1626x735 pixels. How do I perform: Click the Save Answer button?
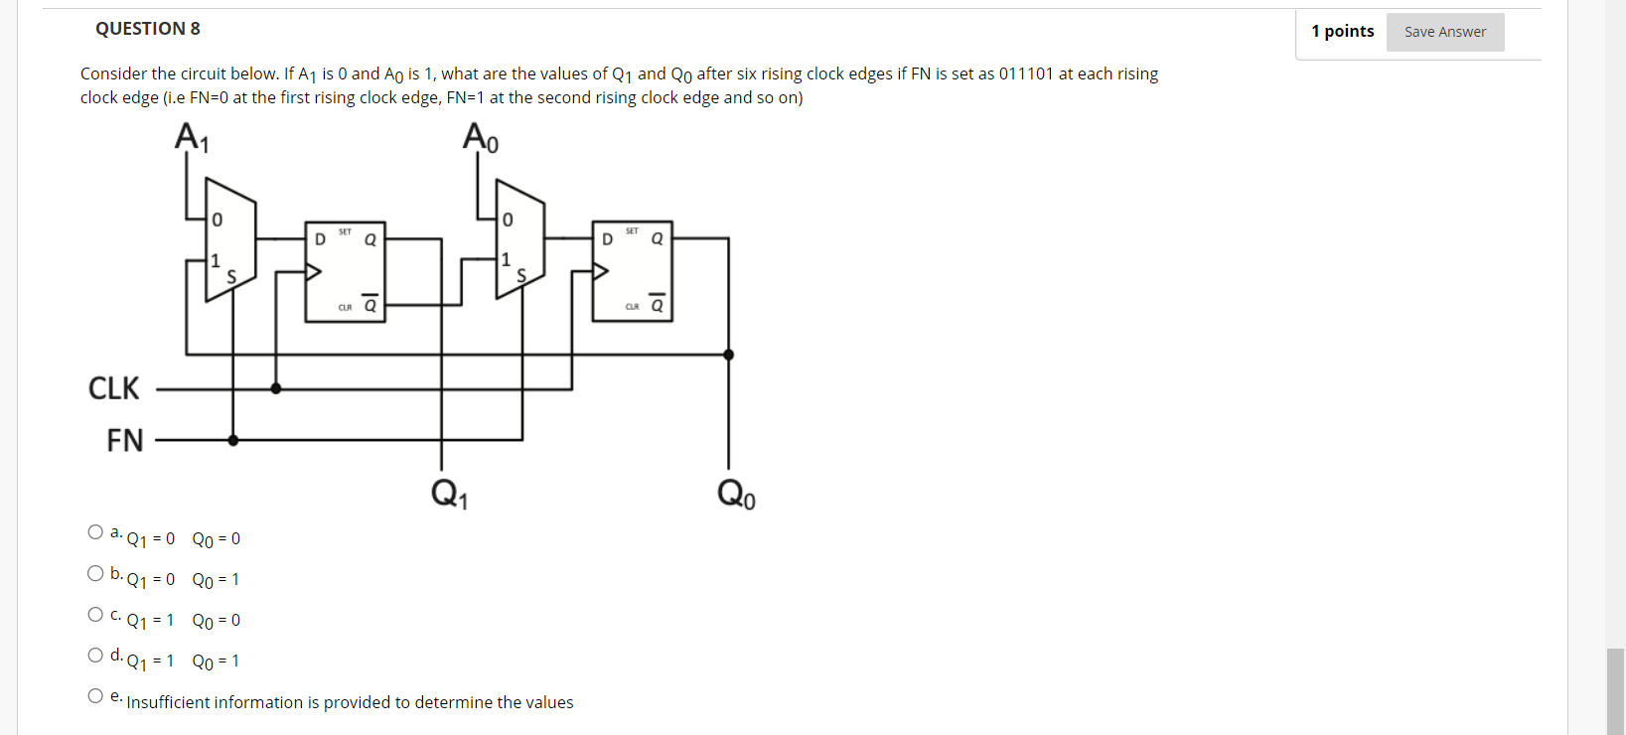(1444, 32)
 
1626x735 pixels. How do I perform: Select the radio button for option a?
(95, 532)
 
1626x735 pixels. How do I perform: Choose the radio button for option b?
(95, 573)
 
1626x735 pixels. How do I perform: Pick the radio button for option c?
(95, 614)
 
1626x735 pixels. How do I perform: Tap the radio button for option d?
(95, 655)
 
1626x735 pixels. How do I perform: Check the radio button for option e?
(95, 695)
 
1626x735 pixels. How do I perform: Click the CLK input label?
(114, 388)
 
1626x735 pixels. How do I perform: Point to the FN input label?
(125, 440)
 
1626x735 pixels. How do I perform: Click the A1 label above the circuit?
(192, 137)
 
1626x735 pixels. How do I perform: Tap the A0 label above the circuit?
(481, 137)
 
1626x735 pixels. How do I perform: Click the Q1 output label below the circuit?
(449, 493)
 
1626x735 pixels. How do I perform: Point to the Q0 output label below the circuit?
(736, 493)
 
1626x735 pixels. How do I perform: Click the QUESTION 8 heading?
(148, 29)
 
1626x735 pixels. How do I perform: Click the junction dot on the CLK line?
(276, 388)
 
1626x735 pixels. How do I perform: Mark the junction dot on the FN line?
(233, 440)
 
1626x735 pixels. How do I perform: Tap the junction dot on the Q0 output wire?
(728, 355)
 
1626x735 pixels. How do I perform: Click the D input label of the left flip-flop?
(320, 239)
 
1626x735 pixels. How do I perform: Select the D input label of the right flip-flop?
(607, 239)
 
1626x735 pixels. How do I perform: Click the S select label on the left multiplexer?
(231, 277)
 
